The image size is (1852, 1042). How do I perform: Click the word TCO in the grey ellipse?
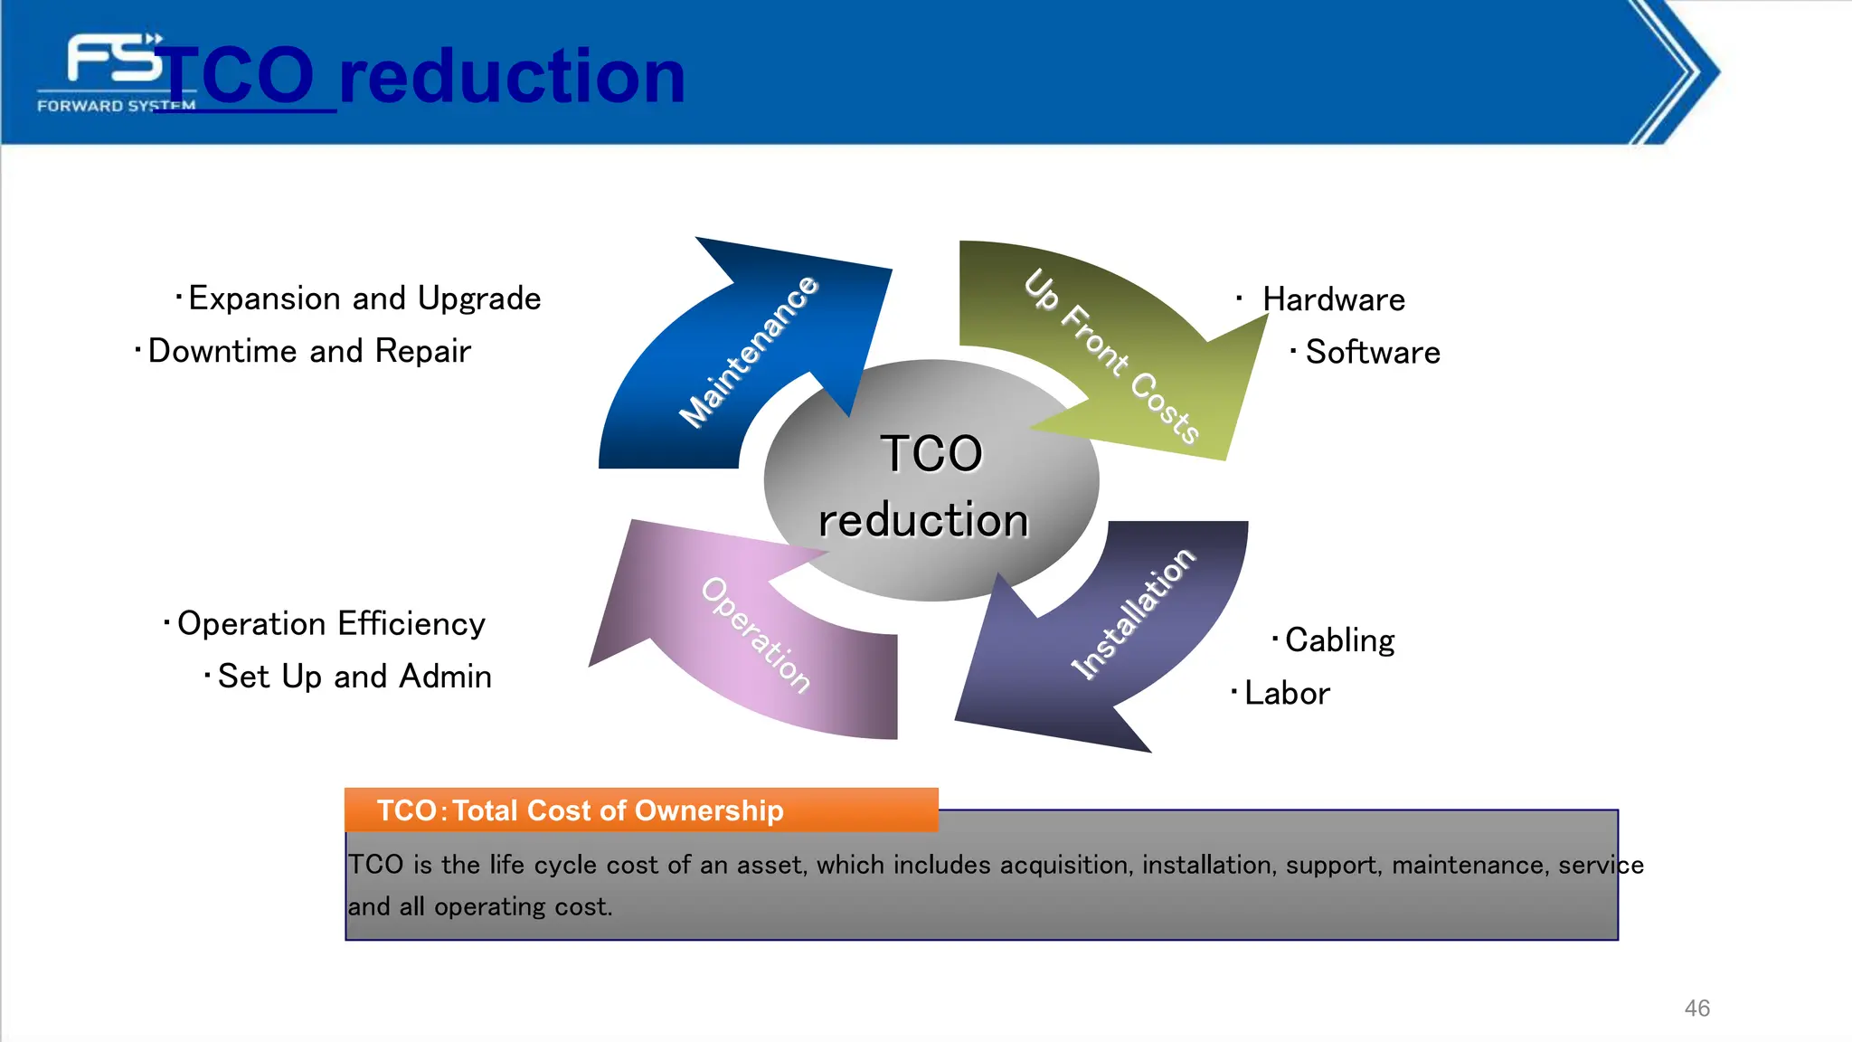click(931, 453)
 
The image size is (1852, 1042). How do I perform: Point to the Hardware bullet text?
click(1333, 299)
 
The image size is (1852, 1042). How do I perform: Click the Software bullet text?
click(1372, 352)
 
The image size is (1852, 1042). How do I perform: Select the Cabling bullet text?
click(1339, 640)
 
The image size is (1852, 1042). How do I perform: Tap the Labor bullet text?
click(1286, 694)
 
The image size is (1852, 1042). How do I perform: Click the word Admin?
click(445, 677)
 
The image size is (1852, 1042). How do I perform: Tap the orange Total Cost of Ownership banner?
click(640, 810)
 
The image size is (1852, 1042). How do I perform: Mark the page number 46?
click(1696, 1008)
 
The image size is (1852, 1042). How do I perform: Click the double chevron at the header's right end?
click(1677, 72)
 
